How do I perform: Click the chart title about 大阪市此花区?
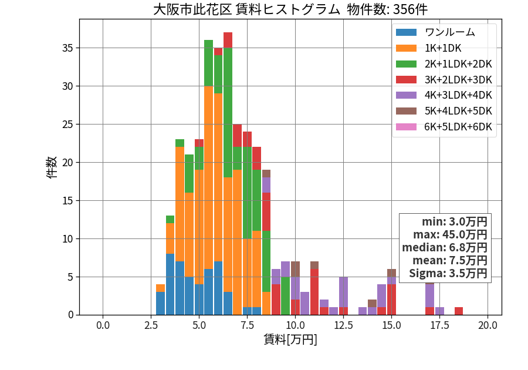(x=290, y=9)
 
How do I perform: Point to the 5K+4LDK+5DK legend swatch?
(x=406, y=111)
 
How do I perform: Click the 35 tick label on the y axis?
(x=67, y=48)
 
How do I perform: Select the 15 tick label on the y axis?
(x=67, y=200)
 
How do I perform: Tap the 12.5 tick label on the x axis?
(x=343, y=325)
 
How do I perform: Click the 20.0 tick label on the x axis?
(x=488, y=325)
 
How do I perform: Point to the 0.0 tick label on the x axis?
(x=103, y=325)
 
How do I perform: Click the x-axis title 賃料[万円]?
(x=290, y=339)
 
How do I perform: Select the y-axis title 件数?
(x=52, y=167)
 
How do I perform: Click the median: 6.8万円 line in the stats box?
(x=445, y=247)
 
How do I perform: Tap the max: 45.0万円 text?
(x=450, y=234)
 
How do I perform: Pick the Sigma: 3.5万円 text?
(x=448, y=273)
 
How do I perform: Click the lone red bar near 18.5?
(x=459, y=311)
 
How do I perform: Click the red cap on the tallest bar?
(x=228, y=40)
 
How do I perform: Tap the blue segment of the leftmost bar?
(x=160, y=304)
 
